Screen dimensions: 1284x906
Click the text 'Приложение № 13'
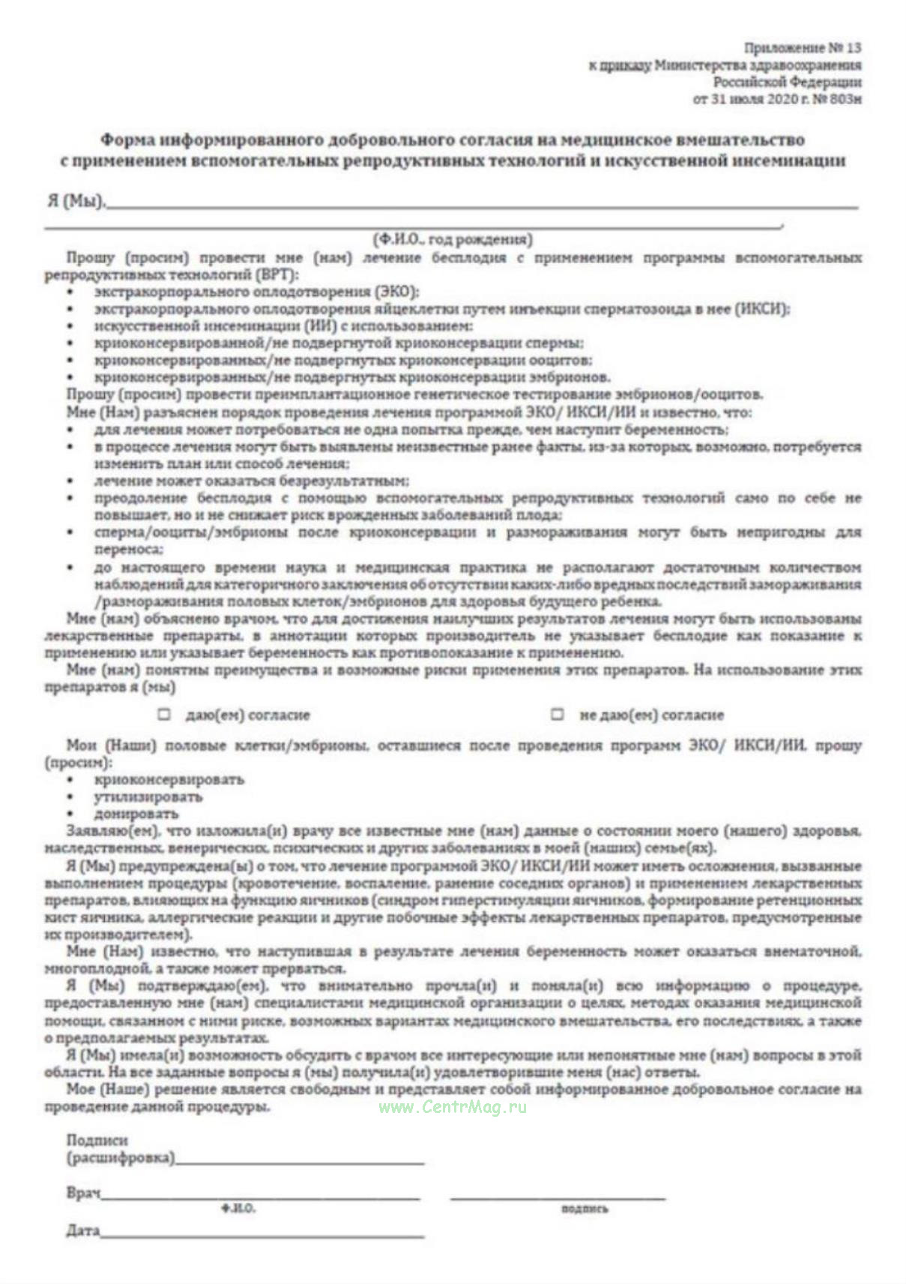point(802,48)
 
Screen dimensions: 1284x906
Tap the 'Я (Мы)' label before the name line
point(75,201)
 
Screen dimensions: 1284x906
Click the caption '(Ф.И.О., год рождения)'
point(453,239)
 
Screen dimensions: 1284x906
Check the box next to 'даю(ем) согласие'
point(164,714)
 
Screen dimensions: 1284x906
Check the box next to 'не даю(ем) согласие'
point(558,714)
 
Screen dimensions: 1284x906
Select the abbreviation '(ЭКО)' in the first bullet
point(396,291)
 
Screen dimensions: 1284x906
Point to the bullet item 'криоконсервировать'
point(169,779)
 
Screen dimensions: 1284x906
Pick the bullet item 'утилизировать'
point(148,796)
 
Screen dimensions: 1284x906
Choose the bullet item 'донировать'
point(136,814)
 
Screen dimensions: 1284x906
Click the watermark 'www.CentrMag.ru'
point(453,1107)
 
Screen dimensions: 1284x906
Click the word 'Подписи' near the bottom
point(97,1140)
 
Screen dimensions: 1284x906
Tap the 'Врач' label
point(82,1192)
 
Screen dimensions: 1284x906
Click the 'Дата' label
point(82,1231)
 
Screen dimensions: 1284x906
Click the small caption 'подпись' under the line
point(585,1209)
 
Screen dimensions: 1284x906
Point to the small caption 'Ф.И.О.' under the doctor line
point(238,1209)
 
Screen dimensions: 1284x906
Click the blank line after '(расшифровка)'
point(300,1161)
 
